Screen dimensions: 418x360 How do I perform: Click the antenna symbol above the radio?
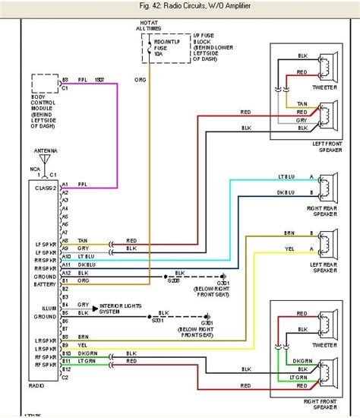coord(46,159)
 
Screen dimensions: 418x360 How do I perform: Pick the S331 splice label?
coord(158,321)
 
